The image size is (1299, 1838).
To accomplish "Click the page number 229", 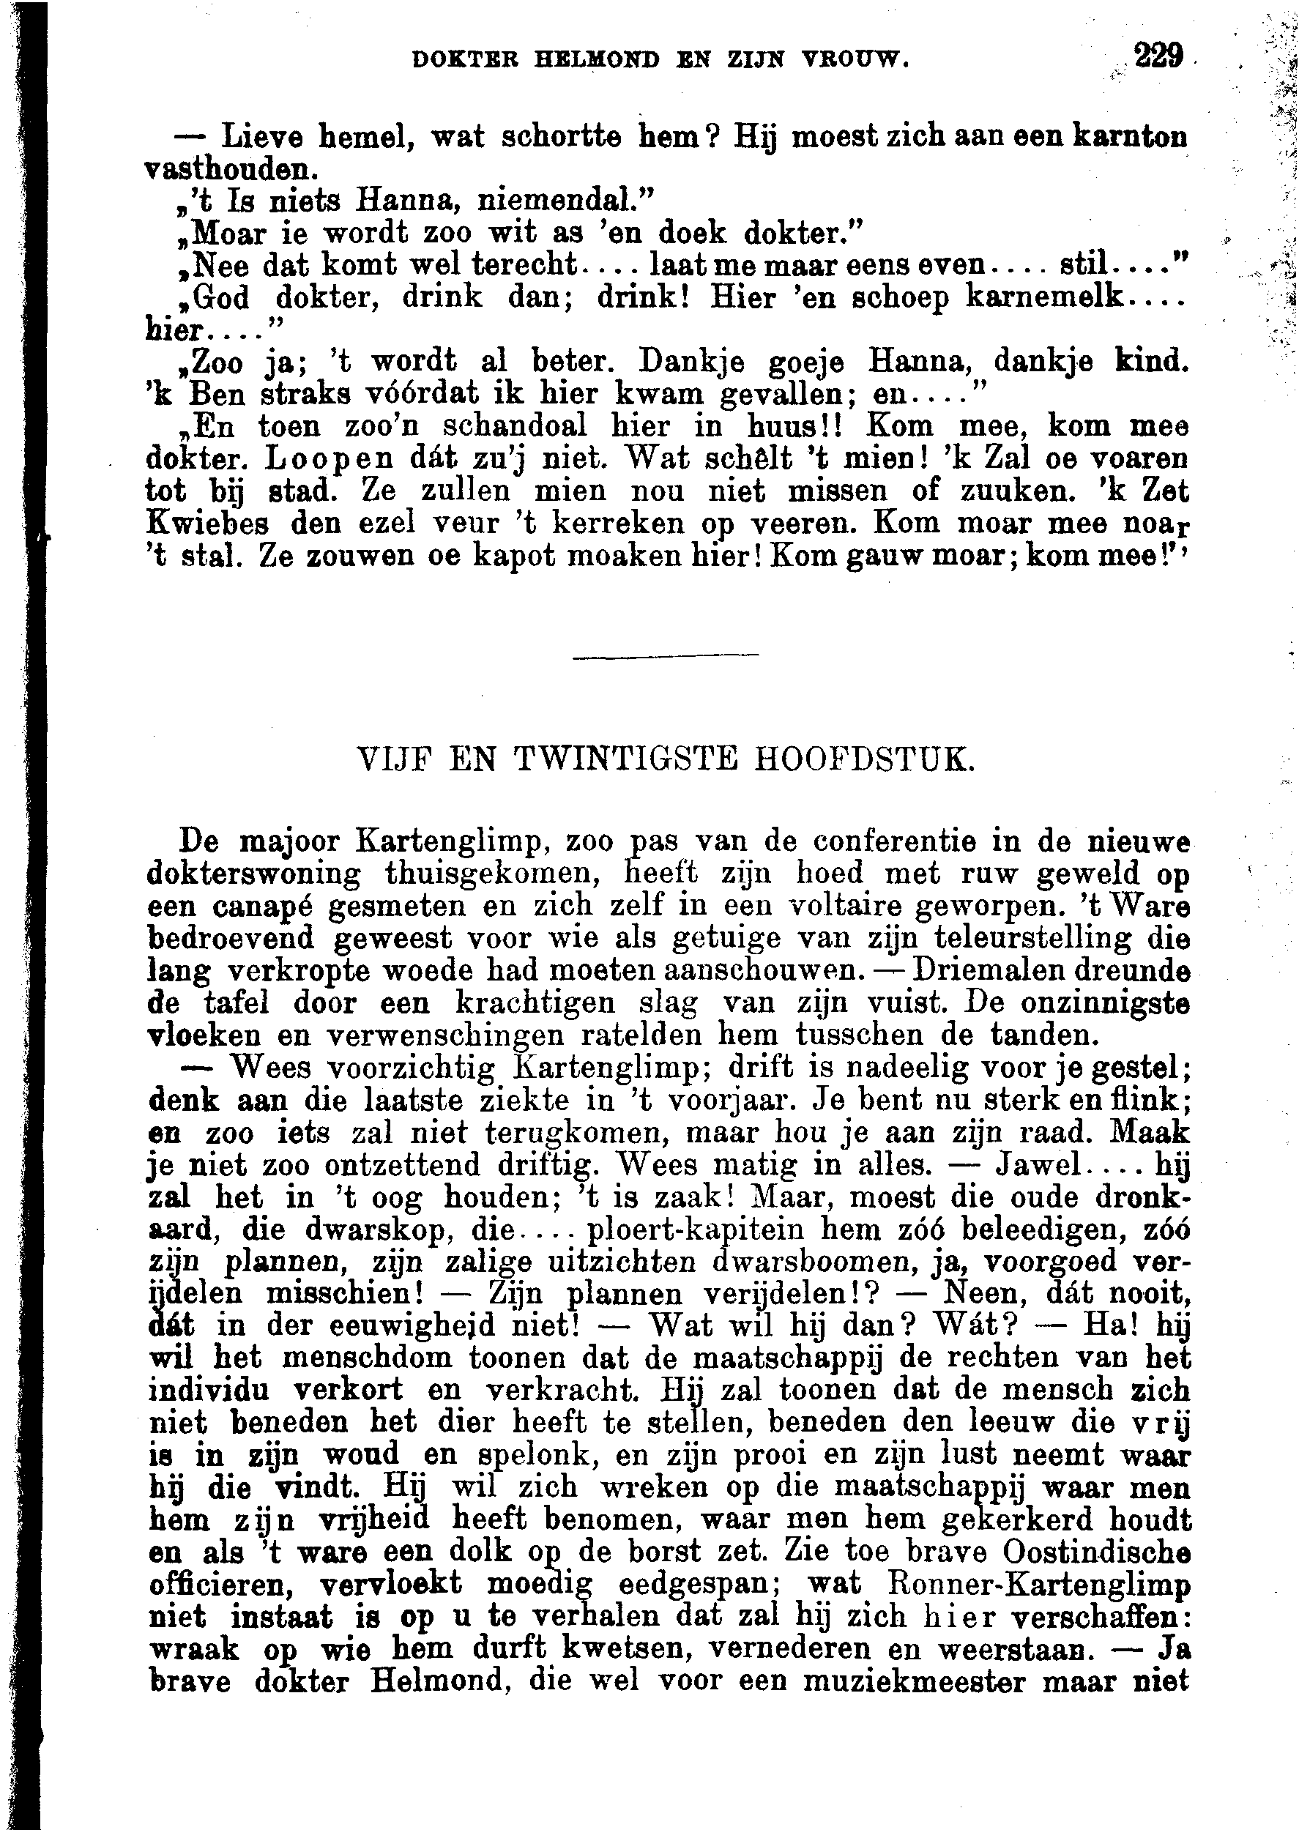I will click(1158, 57).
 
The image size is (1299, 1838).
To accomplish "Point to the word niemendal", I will click(566, 199).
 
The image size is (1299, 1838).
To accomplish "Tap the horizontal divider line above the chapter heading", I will click(666, 658).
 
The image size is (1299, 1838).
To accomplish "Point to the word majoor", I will click(291, 842).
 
